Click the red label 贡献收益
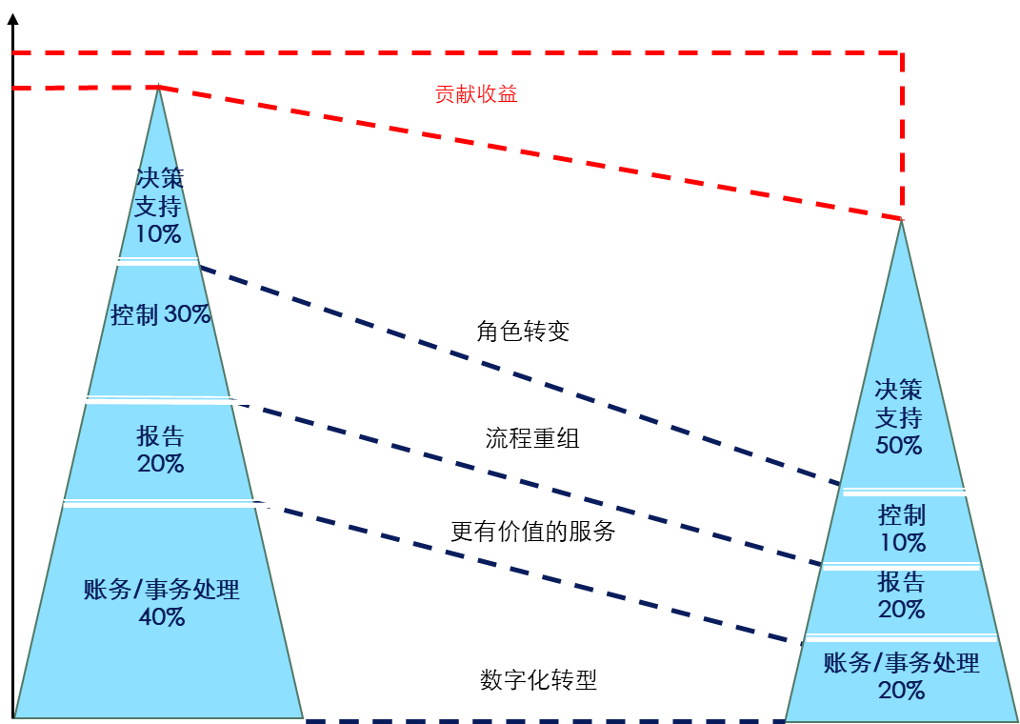point(476,93)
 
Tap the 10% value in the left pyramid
point(158,234)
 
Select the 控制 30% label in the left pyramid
point(160,314)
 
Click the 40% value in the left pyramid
point(162,617)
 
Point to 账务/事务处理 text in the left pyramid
point(162,590)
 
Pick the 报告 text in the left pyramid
point(160,436)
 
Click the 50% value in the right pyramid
point(899,445)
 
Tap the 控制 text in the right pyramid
point(901,516)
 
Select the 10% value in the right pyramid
point(902,543)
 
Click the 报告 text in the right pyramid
point(901,581)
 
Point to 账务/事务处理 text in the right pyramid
point(901,663)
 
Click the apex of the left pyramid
point(158,90)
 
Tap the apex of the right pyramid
point(901,222)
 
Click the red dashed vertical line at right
point(901,133)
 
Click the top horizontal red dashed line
point(457,51)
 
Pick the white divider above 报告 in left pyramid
point(171,400)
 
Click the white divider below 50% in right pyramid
point(909,493)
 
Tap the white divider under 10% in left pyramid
point(157,260)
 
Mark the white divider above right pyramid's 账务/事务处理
point(901,637)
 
